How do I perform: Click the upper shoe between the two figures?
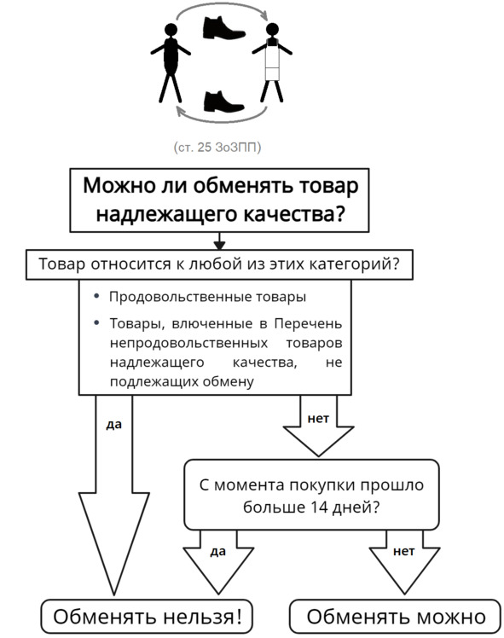tap(223, 27)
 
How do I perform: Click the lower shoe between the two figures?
tap(223, 101)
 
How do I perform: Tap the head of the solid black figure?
tap(171, 29)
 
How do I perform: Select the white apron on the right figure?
tap(273, 61)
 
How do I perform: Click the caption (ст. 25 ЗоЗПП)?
tap(217, 147)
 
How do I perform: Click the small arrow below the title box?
tap(219, 241)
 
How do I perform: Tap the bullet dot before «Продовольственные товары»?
tap(96, 296)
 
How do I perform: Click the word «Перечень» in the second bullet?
tap(308, 323)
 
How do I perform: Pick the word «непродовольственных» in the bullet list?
tap(188, 343)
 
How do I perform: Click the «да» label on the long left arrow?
tap(114, 425)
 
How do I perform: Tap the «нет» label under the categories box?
tap(318, 418)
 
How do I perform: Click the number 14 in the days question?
tap(319, 507)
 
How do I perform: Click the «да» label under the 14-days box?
tap(218, 551)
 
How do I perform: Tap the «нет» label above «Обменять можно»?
tap(404, 551)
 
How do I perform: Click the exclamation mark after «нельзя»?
tap(239, 616)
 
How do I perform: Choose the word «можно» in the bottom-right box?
tap(451, 617)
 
